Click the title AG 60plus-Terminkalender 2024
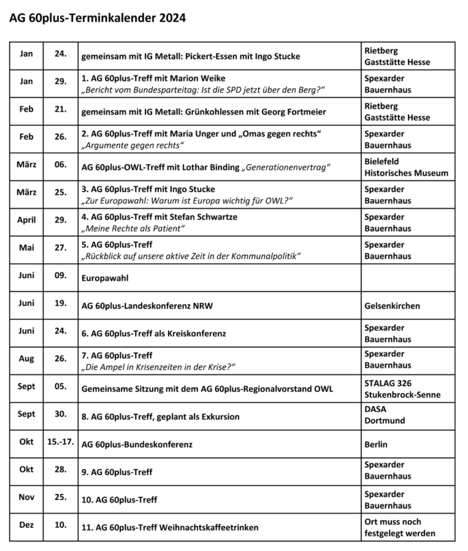point(97,18)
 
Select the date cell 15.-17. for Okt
point(60,441)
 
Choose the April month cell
point(26,220)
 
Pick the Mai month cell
point(26,248)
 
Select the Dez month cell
point(26,525)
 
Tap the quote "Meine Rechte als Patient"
point(133,228)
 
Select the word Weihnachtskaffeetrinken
point(210,527)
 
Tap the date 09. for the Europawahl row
point(60,275)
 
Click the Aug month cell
point(26,359)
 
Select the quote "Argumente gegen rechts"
point(132,145)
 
